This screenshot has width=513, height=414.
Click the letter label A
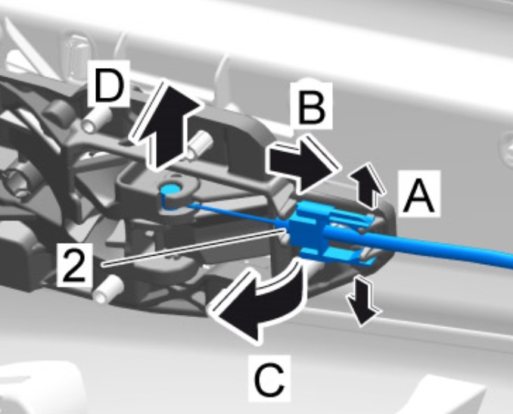[x=419, y=195]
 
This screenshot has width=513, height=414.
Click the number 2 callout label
[x=74, y=264]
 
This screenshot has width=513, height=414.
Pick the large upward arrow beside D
[x=167, y=126]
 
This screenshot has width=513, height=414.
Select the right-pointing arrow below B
[x=303, y=163]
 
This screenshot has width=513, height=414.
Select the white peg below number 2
[x=109, y=288]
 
